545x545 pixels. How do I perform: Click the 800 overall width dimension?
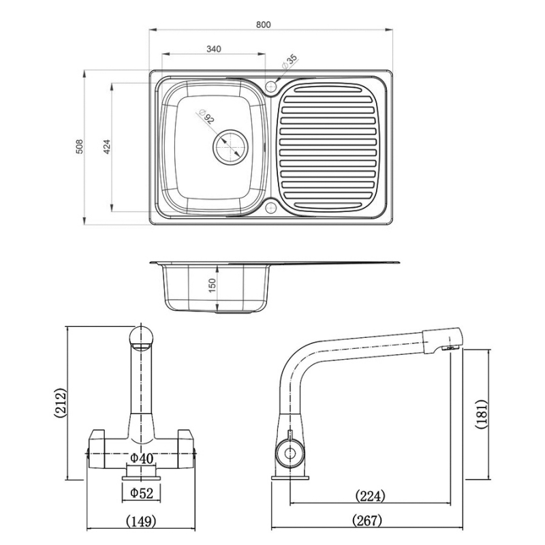(x=264, y=25)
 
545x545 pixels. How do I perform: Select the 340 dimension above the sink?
(x=213, y=49)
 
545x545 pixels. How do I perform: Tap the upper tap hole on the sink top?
(x=271, y=87)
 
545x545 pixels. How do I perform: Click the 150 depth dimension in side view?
(x=212, y=285)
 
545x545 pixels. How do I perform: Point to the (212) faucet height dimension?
(x=60, y=403)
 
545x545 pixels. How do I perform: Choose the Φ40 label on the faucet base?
(x=142, y=458)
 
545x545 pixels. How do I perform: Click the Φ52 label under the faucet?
(x=141, y=492)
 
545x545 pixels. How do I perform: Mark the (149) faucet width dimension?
(x=142, y=521)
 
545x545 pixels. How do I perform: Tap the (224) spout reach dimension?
(x=370, y=495)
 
